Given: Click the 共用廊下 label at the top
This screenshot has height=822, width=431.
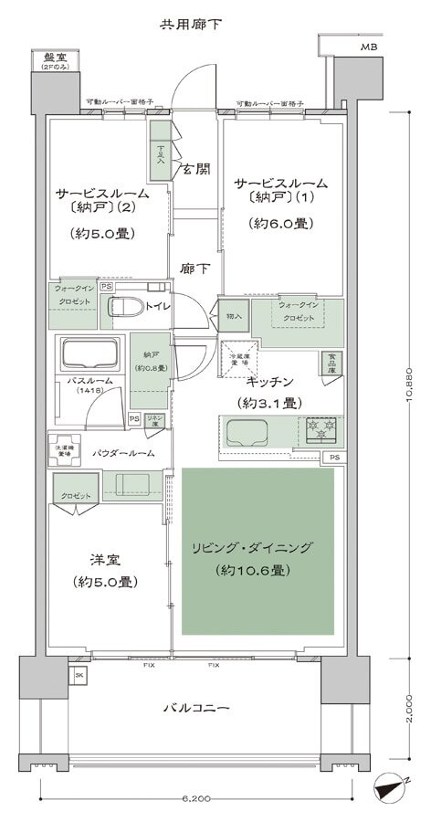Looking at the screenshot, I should [x=189, y=22].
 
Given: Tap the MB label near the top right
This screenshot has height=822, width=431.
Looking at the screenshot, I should [x=368, y=46].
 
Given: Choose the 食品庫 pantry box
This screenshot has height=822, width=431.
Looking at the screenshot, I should [x=331, y=364].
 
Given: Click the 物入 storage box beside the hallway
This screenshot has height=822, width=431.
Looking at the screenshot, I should [x=234, y=315].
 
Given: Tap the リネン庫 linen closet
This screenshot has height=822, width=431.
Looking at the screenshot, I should [x=154, y=420].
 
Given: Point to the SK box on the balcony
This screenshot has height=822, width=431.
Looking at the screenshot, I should [x=79, y=675].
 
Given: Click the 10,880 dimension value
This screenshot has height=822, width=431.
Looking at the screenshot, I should [x=410, y=383].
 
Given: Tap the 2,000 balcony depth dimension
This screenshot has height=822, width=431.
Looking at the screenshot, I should [x=410, y=707].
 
